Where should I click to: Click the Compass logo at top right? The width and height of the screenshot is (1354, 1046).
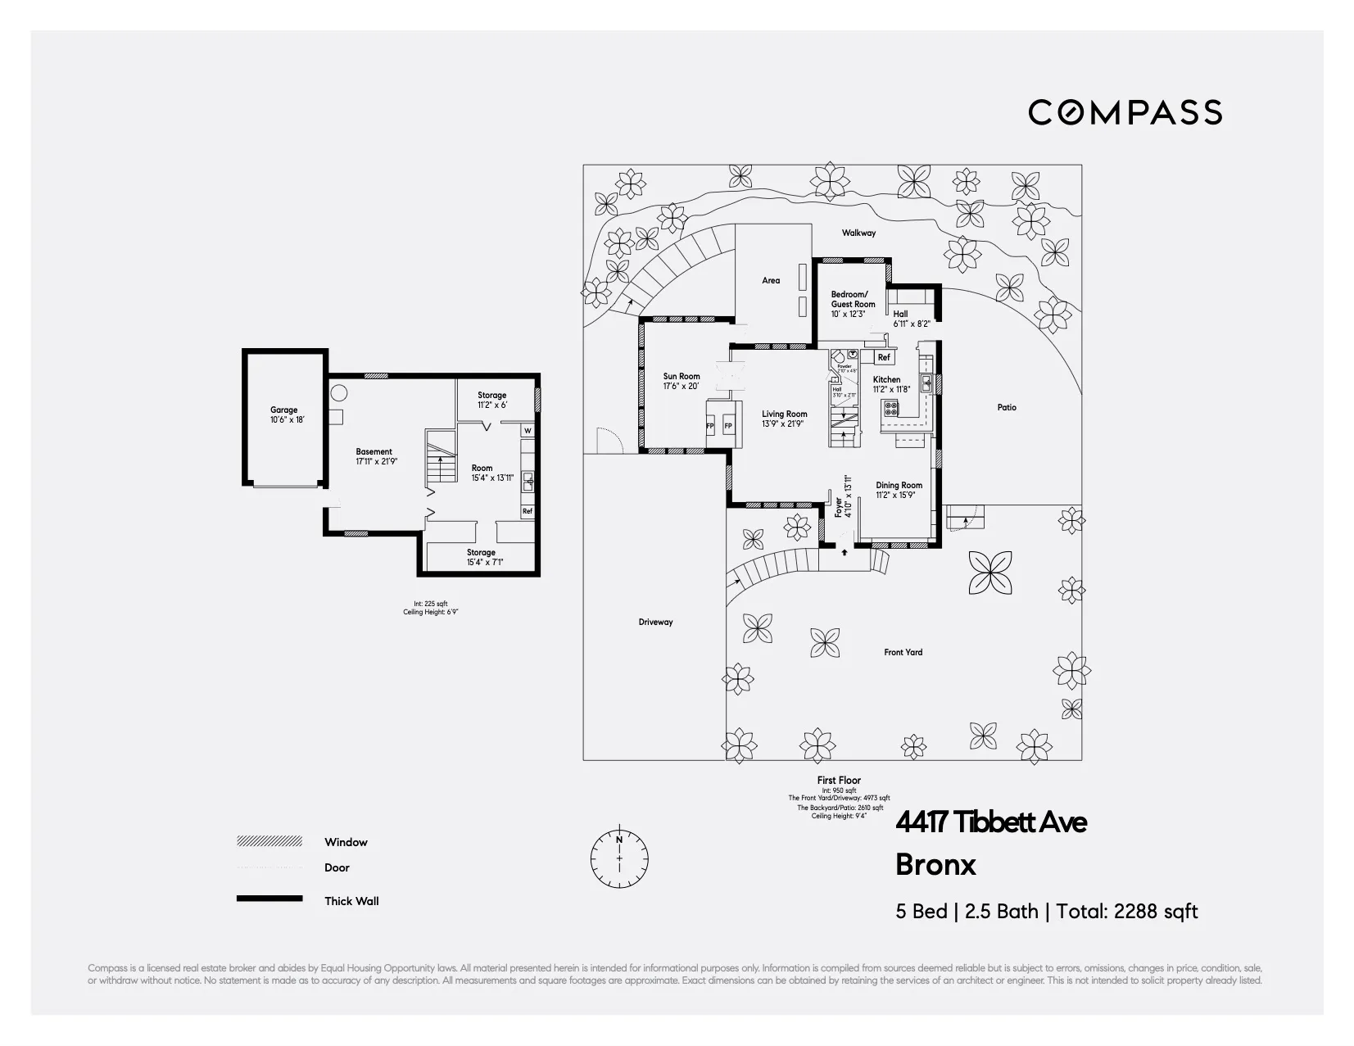pos(1125,112)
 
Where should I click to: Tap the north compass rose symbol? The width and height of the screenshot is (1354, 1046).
pos(619,858)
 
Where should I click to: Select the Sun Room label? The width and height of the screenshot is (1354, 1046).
pos(682,377)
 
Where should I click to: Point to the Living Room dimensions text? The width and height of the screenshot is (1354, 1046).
pos(784,423)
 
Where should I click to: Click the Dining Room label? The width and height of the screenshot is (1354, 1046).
pos(899,485)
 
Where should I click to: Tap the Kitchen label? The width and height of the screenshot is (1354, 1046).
pos(886,379)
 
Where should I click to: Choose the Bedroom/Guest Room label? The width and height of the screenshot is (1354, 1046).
pos(853,299)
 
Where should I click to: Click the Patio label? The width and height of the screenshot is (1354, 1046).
pos(1007,407)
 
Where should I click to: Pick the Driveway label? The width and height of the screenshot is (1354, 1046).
pos(655,622)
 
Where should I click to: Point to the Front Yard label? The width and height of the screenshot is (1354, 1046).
pos(903,652)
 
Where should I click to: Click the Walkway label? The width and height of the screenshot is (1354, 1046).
pos(858,233)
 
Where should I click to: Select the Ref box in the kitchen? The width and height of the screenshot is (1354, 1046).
pos(884,357)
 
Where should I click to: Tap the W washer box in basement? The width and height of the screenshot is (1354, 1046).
pos(528,431)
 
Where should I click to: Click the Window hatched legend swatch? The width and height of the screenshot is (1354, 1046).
pos(269,841)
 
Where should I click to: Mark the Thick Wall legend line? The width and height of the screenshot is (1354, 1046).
pos(269,899)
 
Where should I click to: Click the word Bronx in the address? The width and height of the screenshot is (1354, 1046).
pos(935,865)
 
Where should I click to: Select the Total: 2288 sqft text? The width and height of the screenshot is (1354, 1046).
pos(1127,912)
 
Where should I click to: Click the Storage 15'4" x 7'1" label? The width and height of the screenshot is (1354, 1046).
pos(481,557)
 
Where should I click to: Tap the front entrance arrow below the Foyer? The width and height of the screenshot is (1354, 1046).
pos(845,552)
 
